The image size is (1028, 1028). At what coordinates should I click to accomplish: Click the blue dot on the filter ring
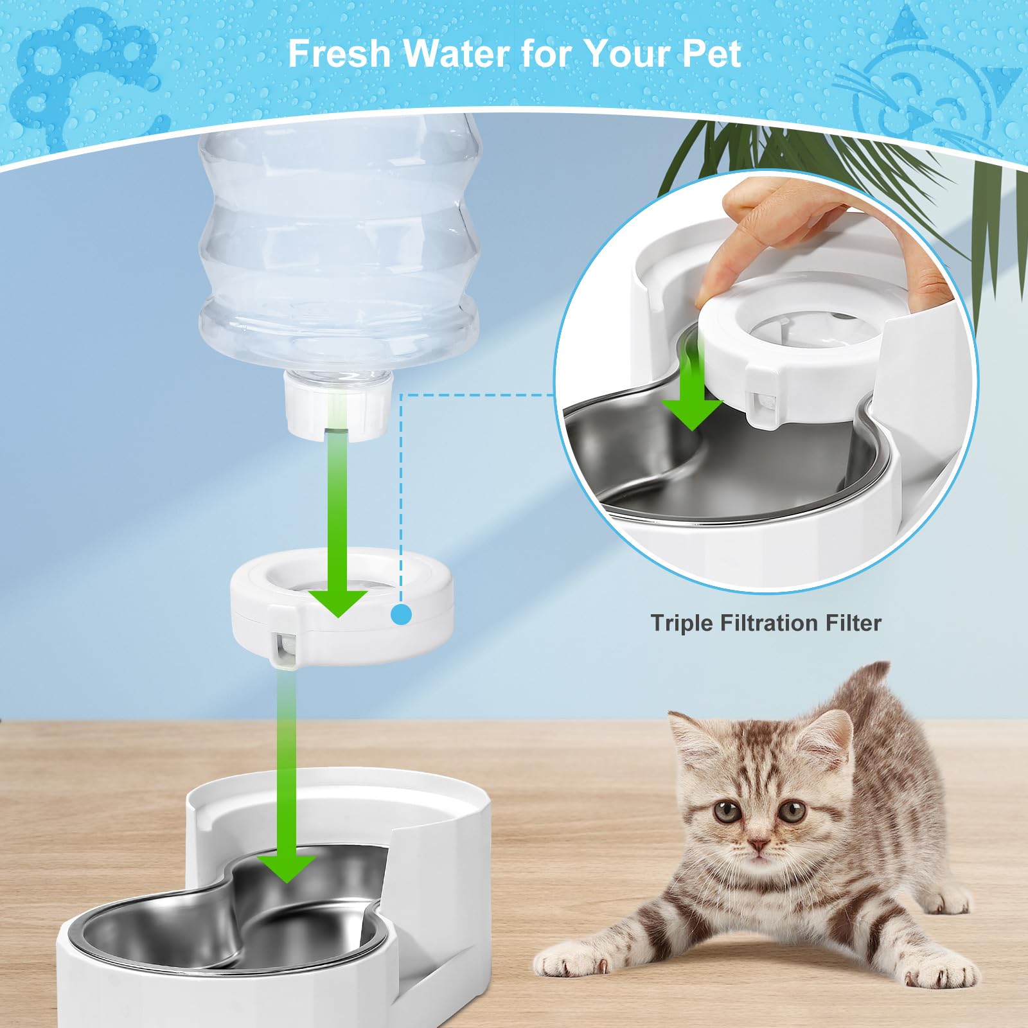click(x=402, y=614)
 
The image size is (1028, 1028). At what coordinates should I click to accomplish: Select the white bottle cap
click(x=338, y=407)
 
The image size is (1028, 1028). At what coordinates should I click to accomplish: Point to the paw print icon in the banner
click(x=77, y=71)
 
